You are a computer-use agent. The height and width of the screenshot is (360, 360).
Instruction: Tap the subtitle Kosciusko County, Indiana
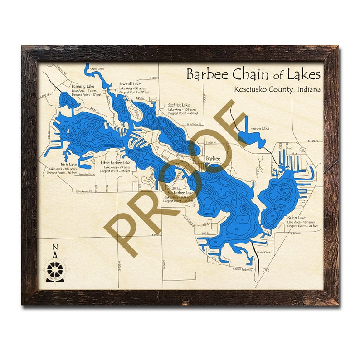[277, 89]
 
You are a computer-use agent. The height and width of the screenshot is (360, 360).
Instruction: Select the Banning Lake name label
[83, 86]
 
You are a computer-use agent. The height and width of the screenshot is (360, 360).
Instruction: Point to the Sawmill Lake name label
[130, 84]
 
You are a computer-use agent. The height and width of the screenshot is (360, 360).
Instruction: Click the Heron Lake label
[260, 128]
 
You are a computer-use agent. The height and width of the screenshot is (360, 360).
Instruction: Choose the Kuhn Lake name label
[295, 218]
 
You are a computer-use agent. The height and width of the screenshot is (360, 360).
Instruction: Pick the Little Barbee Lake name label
[115, 162]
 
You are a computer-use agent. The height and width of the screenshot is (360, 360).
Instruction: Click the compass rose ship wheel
[55, 269]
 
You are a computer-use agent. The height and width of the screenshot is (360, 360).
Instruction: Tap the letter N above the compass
[55, 247]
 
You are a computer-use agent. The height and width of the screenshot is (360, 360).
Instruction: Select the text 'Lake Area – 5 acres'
[83, 90]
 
